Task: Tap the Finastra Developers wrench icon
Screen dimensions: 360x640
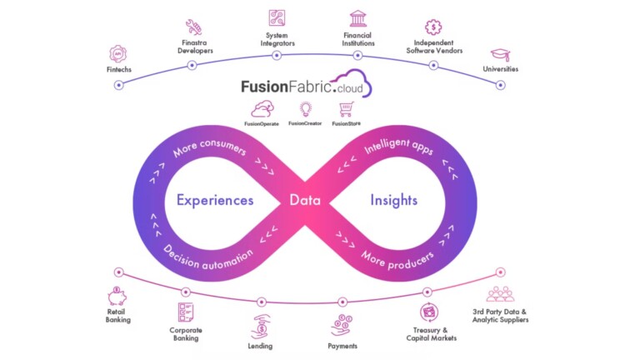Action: coord(193,26)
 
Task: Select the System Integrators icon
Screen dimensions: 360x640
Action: coord(277,17)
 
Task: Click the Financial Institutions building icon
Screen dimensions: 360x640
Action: coord(358,18)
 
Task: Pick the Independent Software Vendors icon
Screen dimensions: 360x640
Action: coord(432,27)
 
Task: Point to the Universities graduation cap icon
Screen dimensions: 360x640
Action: coord(499,54)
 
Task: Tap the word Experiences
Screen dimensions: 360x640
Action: coord(215,200)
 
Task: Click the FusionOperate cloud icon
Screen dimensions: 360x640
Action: coord(262,108)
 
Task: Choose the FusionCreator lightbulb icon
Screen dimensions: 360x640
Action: coord(305,108)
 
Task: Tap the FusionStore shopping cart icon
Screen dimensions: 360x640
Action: coord(347,108)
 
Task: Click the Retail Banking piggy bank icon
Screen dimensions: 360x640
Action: coord(117,296)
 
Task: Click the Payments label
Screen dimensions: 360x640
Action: coord(342,346)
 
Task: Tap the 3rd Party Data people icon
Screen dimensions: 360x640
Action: coord(500,294)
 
